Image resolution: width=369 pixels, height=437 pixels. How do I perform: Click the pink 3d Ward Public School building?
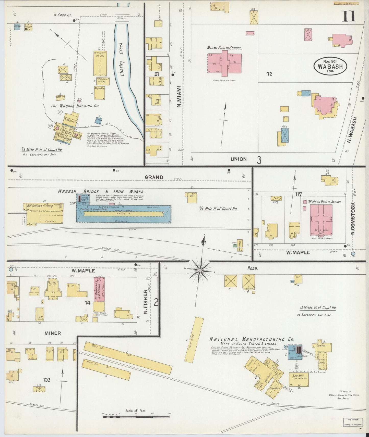(321, 220)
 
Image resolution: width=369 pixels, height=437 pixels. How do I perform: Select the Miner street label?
(52, 333)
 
